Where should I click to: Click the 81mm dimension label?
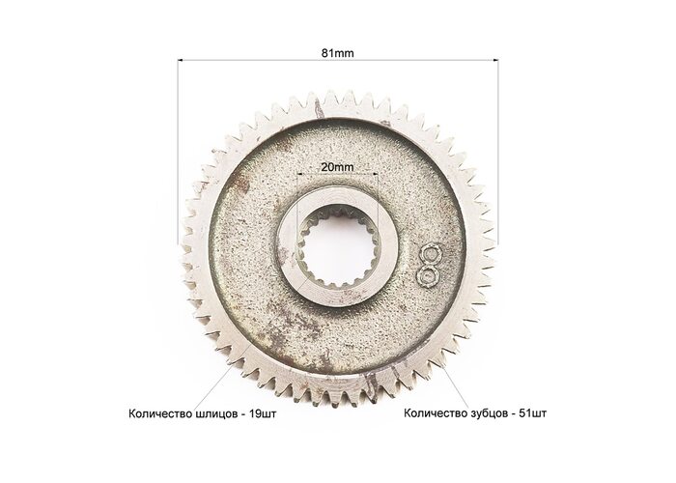tap(338, 53)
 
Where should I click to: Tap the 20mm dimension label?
tap(338, 167)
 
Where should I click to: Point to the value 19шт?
tap(263, 414)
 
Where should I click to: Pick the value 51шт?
tap(533, 413)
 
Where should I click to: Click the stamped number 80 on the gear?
tap(428, 265)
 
